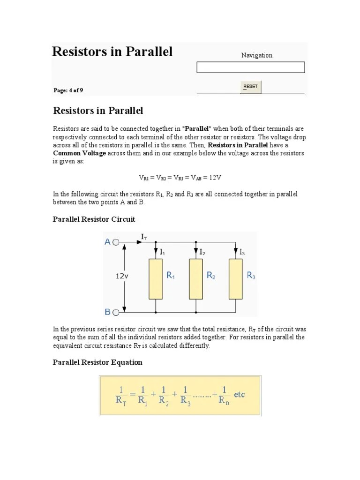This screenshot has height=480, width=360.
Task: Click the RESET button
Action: tap(251, 87)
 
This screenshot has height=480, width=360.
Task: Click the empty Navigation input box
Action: tap(251, 67)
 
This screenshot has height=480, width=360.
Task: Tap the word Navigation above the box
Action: tap(256, 55)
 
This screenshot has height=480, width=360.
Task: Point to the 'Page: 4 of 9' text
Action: tap(68, 90)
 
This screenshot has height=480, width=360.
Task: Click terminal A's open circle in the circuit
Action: tap(116, 243)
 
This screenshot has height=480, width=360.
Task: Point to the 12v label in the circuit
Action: tap(122, 277)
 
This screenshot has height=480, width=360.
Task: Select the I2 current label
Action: tap(202, 252)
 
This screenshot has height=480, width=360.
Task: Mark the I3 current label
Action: tap(242, 252)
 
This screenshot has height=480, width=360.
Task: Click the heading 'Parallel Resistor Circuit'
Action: tap(94, 219)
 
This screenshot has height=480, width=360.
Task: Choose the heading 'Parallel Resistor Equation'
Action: tap(97, 362)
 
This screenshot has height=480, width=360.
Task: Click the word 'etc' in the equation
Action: tap(239, 395)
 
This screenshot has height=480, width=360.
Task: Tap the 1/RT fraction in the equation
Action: tap(120, 396)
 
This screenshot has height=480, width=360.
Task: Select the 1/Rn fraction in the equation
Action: tap(224, 396)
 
